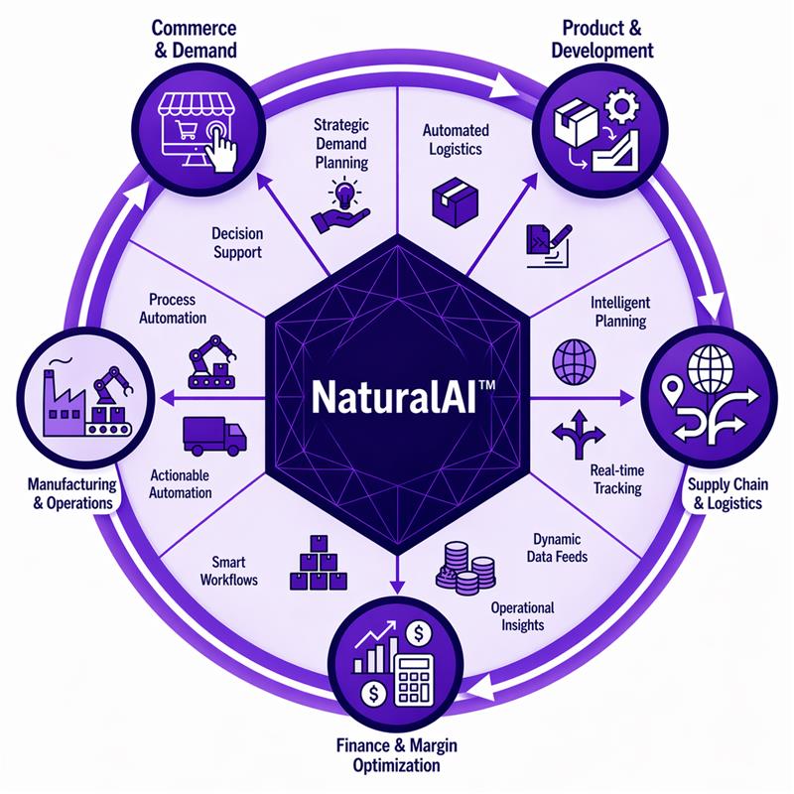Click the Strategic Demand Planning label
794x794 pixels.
pyautogui.click(x=340, y=143)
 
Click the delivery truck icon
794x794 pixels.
pyautogui.click(x=214, y=435)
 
